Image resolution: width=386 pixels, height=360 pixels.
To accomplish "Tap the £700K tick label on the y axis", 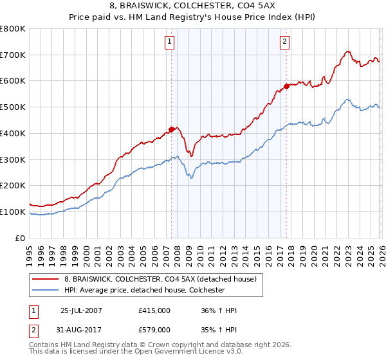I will (13, 55).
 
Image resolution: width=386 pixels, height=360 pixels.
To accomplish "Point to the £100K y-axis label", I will (13, 212).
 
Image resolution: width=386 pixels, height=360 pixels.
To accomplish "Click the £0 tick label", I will (21, 238).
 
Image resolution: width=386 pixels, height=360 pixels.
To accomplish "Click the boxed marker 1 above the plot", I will (169, 42).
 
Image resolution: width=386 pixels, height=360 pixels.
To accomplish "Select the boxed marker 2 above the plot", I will (284, 42).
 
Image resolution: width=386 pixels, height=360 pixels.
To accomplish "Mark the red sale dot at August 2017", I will (286, 86).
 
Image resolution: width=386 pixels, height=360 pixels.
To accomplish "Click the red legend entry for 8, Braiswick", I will (160, 279).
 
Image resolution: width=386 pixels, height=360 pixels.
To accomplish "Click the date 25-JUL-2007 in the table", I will (82, 311).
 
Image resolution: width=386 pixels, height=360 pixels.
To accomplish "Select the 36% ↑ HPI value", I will (218, 311).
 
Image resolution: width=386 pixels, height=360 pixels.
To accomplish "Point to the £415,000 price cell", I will (154, 311).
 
